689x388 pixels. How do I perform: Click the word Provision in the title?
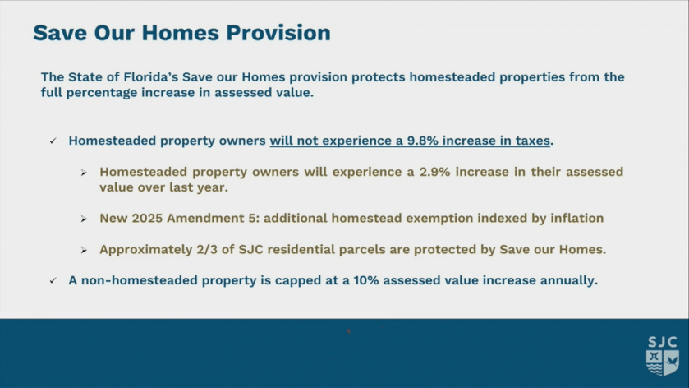(x=278, y=33)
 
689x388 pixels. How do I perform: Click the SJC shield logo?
(x=662, y=356)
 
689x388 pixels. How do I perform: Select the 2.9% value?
(x=435, y=172)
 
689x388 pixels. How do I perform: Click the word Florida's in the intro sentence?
(x=151, y=77)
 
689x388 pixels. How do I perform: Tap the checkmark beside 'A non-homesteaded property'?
(x=53, y=280)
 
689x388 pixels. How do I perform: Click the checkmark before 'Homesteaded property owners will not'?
(x=53, y=141)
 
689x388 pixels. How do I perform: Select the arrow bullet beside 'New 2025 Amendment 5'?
(x=84, y=219)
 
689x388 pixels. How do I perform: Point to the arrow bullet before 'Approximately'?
(x=84, y=250)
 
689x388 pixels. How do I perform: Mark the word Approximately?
(x=146, y=250)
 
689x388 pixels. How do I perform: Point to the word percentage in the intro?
(x=102, y=93)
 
